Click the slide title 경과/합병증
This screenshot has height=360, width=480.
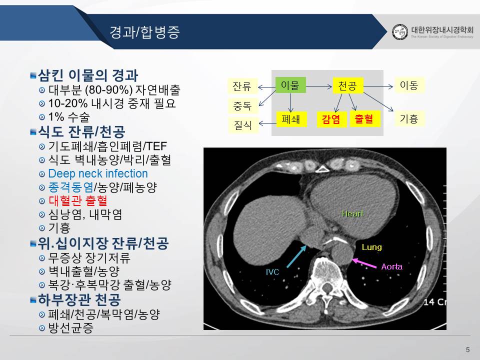click(144, 32)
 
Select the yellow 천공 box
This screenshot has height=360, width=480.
click(348, 85)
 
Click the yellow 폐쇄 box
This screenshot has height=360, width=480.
click(291, 119)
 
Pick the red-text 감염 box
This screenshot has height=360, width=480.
click(331, 119)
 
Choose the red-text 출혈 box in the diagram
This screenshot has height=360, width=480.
click(364, 119)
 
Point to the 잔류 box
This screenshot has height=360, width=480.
click(242, 86)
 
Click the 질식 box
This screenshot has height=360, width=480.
click(243, 125)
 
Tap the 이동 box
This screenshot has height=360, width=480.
click(409, 85)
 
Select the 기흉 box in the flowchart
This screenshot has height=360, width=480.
click(409, 119)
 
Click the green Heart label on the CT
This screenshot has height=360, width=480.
click(352, 213)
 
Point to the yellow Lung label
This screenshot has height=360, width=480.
click(371, 247)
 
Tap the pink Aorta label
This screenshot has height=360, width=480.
click(392, 266)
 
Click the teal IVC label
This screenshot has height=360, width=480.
click(272, 272)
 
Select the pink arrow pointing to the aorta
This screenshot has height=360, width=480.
click(364, 263)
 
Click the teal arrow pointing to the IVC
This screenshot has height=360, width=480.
click(296, 256)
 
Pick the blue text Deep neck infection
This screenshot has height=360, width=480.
click(98, 173)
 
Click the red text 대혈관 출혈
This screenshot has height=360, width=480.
click(78, 201)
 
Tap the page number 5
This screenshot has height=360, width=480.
click(467, 349)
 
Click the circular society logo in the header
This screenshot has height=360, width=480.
click(400, 32)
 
